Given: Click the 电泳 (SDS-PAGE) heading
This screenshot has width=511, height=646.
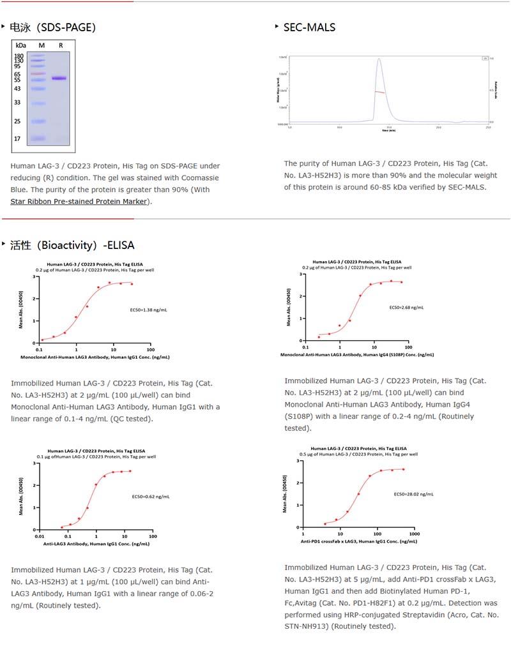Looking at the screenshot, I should [x=52, y=27].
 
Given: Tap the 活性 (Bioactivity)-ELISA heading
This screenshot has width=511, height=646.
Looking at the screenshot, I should [x=72, y=245].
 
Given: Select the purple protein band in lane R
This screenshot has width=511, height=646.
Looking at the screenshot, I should [x=59, y=79].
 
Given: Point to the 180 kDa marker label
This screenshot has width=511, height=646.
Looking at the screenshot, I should [x=19, y=56].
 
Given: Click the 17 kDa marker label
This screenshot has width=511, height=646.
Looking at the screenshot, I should [x=17, y=139].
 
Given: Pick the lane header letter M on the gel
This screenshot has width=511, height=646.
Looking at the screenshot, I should [x=42, y=45].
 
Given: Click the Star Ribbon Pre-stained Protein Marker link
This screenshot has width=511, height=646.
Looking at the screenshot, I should [x=79, y=201].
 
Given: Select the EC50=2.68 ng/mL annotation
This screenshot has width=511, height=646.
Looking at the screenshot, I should [x=406, y=307].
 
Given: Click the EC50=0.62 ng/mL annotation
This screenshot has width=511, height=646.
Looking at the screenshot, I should [x=150, y=496].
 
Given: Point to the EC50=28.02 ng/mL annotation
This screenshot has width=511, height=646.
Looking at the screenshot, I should [x=413, y=493].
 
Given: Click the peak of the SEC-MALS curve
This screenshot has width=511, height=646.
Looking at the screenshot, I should [x=379, y=59].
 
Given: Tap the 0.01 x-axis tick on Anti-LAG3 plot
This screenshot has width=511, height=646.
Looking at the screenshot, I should [x=39, y=537].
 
